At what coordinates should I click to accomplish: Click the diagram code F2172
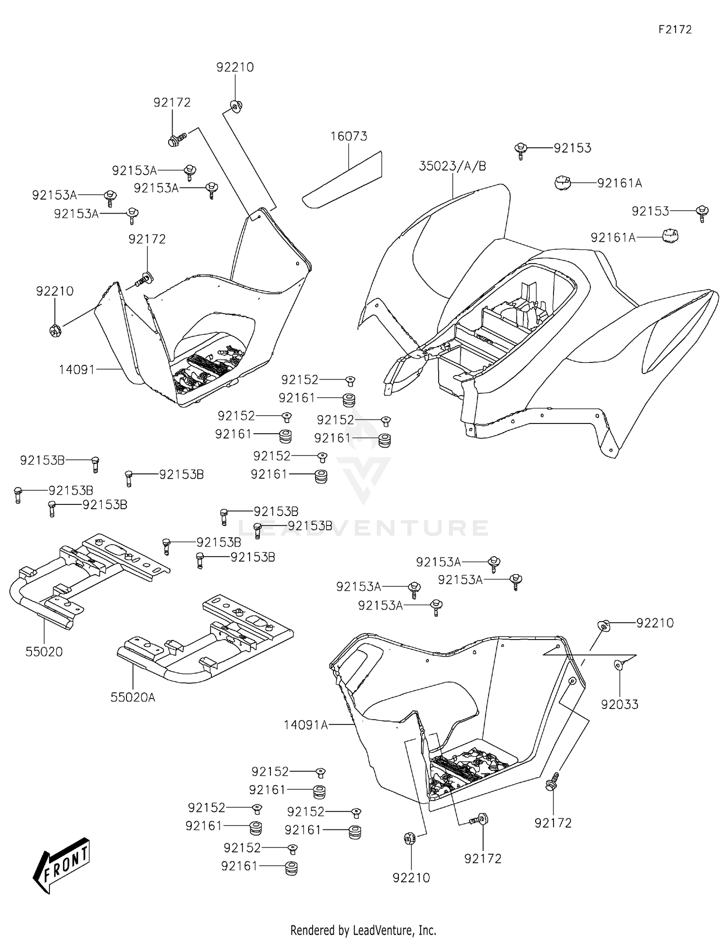click(675, 30)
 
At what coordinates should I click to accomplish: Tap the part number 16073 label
click(348, 136)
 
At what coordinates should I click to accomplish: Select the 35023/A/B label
click(452, 166)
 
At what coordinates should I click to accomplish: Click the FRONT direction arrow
click(62, 864)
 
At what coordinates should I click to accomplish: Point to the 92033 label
click(619, 704)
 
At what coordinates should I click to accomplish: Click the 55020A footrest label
click(133, 697)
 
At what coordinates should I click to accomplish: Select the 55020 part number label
click(44, 652)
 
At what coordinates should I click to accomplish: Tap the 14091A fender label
click(305, 725)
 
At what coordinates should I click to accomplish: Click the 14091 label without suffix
click(77, 370)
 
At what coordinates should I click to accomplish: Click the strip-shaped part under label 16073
click(342, 180)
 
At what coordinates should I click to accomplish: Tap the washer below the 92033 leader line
click(618, 665)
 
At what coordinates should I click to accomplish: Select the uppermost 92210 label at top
click(235, 67)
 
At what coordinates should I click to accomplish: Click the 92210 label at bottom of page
click(411, 877)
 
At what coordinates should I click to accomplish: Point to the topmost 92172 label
click(172, 103)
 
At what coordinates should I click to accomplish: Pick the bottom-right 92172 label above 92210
click(482, 859)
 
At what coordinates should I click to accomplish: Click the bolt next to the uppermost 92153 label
click(521, 149)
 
